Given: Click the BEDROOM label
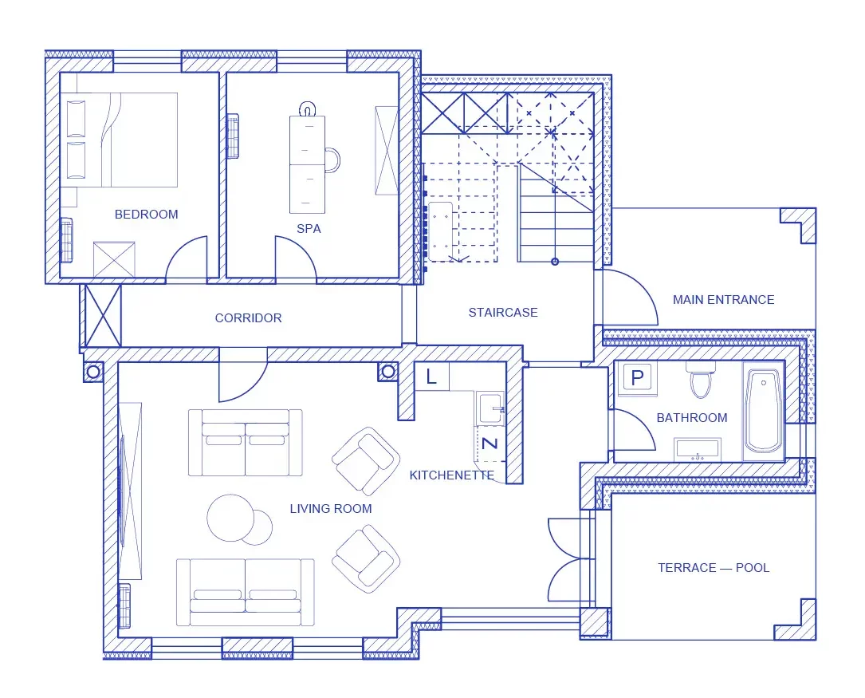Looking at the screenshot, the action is click(x=146, y=214).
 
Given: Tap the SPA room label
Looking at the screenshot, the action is click(x=309, y=228).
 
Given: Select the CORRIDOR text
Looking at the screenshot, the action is click(x=248, y=317).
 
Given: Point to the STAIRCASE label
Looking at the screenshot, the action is click(x=503, y=313).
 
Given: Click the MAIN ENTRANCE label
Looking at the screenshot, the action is click(x=723, y=300).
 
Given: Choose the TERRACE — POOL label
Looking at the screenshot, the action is click(x=714, y=568).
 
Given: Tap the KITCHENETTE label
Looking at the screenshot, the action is click(x=452, y=475).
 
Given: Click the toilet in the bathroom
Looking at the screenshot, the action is click(x=701, y=380).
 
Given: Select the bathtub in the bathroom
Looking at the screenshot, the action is click(x=764, y=411).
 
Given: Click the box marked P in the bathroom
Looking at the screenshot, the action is click(x=637, y=378).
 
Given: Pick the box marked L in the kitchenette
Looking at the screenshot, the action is click(x=431, y=377).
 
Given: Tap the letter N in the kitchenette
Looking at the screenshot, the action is click(x=490, y=443).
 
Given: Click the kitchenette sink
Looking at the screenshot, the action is click(x=490, y=409).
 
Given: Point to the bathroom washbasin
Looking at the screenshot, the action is click(x=698, y=450).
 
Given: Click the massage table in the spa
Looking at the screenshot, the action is click(x=307, y=164).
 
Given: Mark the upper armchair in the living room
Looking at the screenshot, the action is click(x=366, y=461).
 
